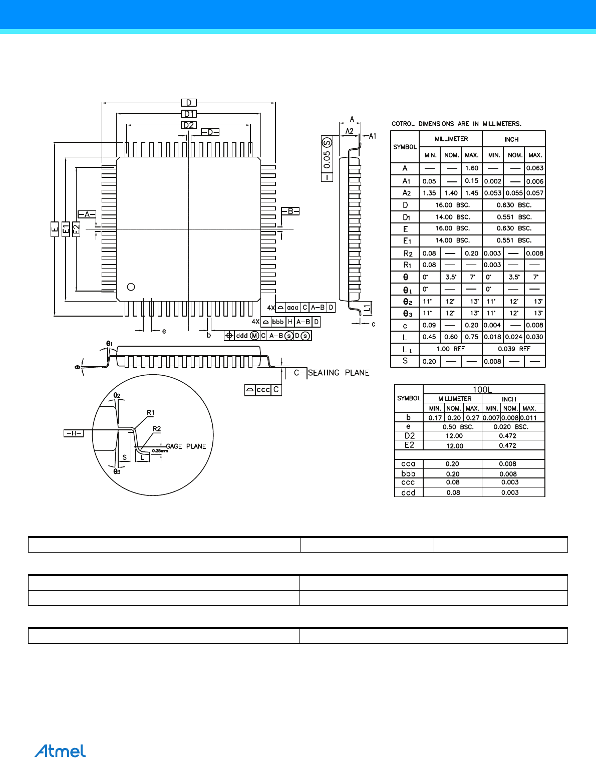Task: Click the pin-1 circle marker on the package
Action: coord(131,287)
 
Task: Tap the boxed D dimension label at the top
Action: coord(189,103)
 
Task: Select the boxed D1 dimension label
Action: coord(189,114)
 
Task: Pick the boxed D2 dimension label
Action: coord(189,125)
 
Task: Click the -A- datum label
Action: coord(87,214)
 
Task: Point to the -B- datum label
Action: coord(290,211)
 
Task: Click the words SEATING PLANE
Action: coord(339,373)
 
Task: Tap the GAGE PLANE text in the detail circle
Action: coord(186,446)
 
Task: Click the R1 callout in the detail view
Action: coord(150,412)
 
